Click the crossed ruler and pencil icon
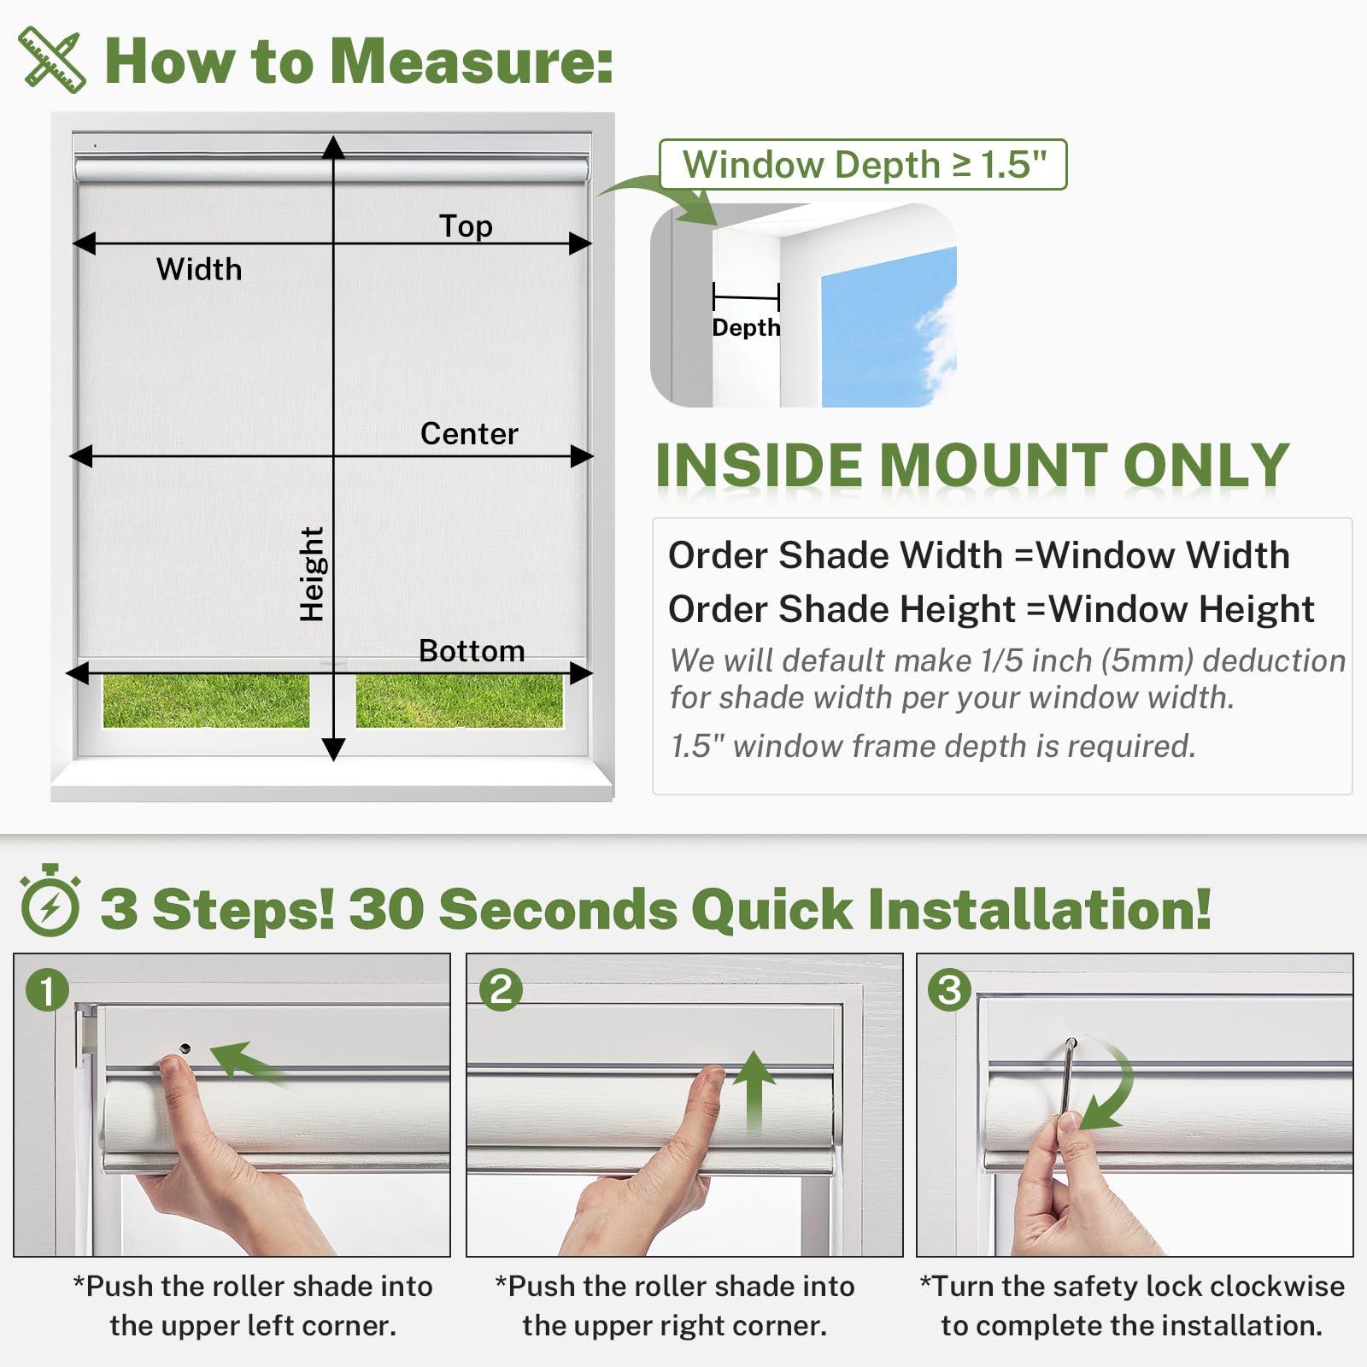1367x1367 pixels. (52, 60)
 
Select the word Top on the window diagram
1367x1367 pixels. (466, 226)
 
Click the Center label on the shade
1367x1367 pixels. (469, 434)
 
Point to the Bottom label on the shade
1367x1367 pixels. (472, 651)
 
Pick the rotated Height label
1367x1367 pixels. (312, 573)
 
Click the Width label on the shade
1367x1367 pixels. (199, 269)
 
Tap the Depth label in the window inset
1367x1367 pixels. (746, 328)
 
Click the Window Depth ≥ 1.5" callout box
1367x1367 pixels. (863, 164)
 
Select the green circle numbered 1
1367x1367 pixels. (48, 990)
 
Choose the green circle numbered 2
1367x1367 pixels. (501, 990)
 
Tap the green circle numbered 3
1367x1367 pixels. (950, 990)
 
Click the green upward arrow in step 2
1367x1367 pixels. (754, 1091)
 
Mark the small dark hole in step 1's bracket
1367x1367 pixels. (185, 1048)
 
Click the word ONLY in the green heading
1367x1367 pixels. (1206, 466)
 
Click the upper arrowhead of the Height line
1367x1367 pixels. (333, 147)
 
